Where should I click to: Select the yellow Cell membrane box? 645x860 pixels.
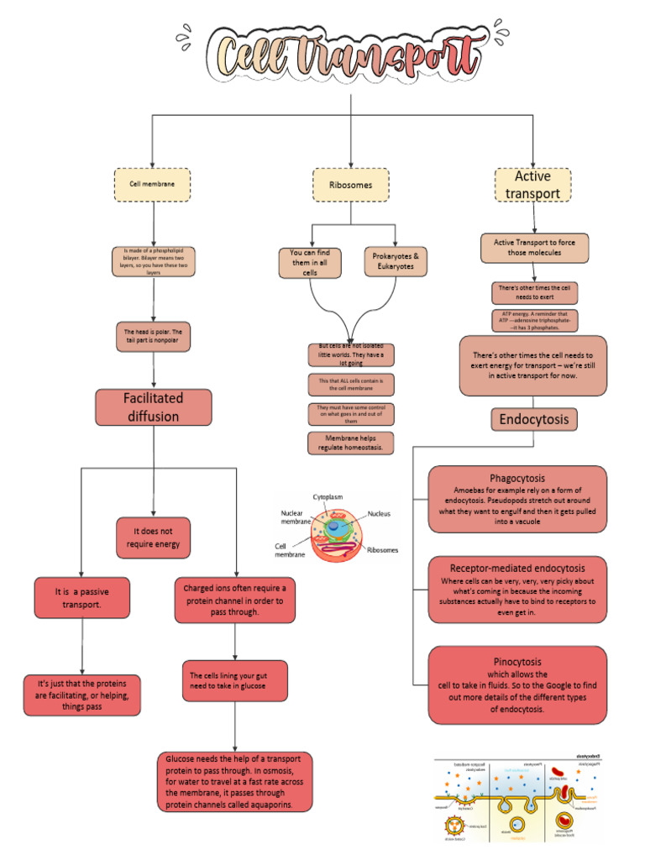coord(152,184)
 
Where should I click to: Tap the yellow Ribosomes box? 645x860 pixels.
coord(351,185)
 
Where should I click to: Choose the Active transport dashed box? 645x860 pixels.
coord(532,185)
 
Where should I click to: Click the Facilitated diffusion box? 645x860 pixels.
coord(152,407)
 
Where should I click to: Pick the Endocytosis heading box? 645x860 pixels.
coord(533,419)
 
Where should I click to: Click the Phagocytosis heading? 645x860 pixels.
coord(517,478)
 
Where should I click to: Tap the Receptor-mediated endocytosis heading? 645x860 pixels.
coord(517,569)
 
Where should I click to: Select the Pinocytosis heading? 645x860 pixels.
coord(517,662)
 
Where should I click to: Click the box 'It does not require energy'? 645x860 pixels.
coord(153,537)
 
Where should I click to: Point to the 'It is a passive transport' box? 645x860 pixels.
coord(82,597)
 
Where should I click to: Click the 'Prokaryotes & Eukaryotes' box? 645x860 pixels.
coord(394,261)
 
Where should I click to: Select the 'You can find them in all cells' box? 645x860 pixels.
coord(310,262)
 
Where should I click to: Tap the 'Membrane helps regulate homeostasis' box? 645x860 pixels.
coord(350,443)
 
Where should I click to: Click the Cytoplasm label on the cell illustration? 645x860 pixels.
coord(328,497)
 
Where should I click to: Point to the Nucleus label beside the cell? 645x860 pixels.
coord(379,513)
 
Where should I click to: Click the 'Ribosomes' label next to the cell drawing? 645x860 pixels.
coord(382,550)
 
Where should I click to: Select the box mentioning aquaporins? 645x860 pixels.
coord(234,782)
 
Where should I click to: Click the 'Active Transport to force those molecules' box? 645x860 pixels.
coord(534,248)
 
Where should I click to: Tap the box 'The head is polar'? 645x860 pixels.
coord(153,336)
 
